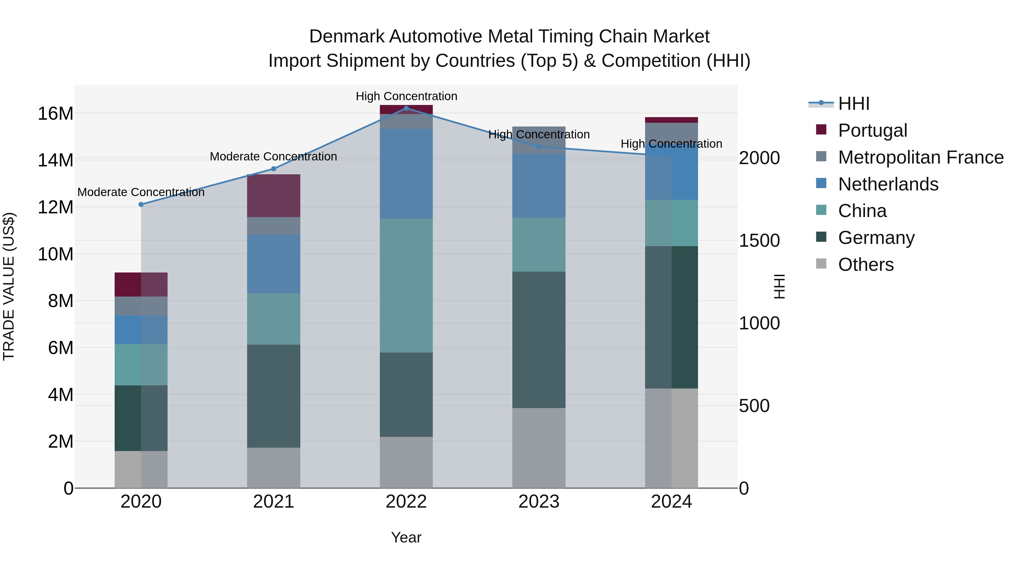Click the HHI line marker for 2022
[406, 108]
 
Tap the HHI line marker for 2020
[141, 205]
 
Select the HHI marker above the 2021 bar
[273, 169]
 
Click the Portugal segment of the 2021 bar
[273, 196]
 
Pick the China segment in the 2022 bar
[406, 285]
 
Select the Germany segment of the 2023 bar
[538, 340]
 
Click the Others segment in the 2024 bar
[671, 438]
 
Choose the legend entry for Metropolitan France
[920, 157]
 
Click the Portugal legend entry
[872, 130]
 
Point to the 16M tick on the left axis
[55, 114]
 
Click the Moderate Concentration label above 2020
[141, 192]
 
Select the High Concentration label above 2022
[406, 96]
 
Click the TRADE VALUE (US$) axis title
[9, 286]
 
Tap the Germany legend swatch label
[876, 238]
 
